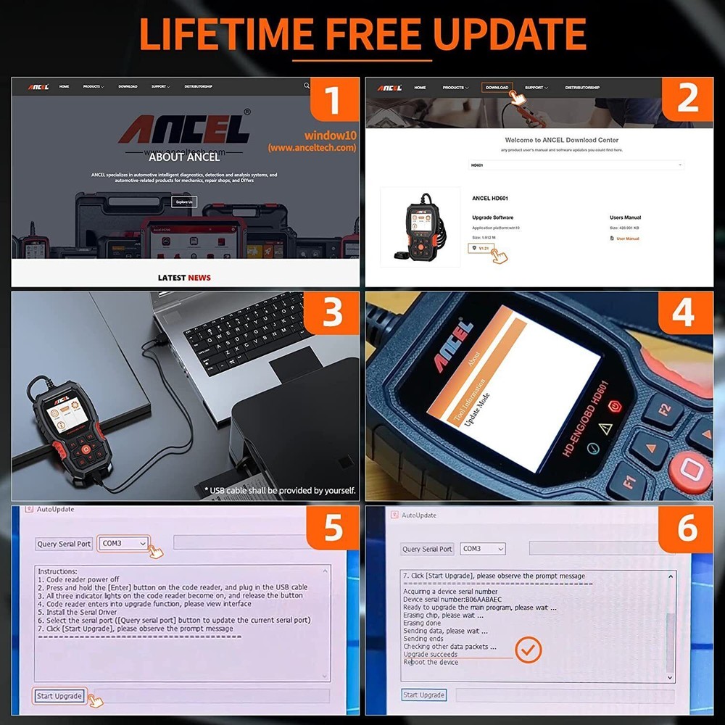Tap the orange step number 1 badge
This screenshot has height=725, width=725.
pos(333,99)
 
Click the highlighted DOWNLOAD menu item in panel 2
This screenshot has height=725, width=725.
pos(497,87)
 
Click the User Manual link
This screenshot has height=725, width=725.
pos(627,239)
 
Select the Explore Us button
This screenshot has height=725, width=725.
pos(184,202)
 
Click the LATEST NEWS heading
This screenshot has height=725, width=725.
pos(184,278)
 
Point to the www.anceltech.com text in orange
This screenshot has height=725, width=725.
pos(312,147)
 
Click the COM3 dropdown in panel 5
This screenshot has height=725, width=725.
pos(123,543)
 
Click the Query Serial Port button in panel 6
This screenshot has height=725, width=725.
pos(428,549)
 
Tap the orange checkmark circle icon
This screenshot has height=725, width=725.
pos(529,650)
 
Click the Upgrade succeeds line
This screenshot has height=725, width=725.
pos(431,654)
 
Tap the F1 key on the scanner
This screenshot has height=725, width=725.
pos(628,478)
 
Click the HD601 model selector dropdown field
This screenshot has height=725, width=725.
pos(576,165)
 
